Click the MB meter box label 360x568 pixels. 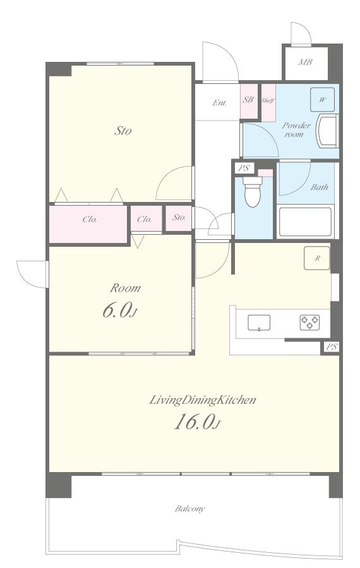point(305,62)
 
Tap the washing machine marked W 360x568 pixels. point(322,100)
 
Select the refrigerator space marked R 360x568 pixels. point(317,258)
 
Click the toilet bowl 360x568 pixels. point(253,191)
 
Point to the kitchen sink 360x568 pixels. point(259,322)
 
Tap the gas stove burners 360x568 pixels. point(309,322)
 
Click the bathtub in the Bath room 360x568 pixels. point(305,222)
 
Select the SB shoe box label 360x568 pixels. point(248,100)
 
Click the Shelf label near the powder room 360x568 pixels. point(268,101)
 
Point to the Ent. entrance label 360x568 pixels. point(219,103)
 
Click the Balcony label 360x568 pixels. point(190,509)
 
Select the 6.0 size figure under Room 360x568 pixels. point(119,311)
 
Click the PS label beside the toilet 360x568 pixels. point(244,168)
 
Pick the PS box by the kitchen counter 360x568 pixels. point(332,346)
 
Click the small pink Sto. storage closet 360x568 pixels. point(179,218)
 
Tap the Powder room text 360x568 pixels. point(296,129)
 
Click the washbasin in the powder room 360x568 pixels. point(327,131)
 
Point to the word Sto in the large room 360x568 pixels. point(123,131)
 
